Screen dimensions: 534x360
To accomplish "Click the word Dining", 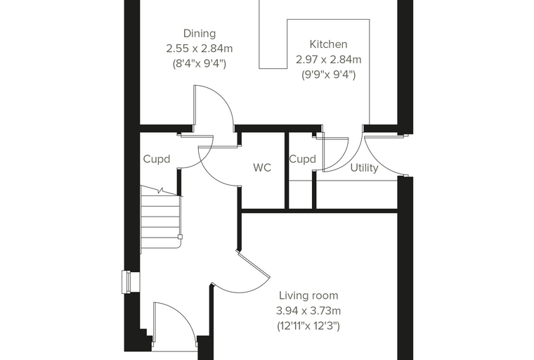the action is point(200,34).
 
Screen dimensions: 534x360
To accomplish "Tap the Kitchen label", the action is point(329,44).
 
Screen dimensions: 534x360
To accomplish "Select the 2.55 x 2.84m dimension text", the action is point(200,49).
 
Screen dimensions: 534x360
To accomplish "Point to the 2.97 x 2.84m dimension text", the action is point(329,60).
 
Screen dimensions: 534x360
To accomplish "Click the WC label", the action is point(262,168).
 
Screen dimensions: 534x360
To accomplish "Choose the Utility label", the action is point(365,168).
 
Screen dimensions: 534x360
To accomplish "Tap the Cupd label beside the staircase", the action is point(157,159).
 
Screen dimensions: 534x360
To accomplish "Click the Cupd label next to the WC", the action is point(302,159).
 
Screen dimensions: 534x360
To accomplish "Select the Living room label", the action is point(308,295).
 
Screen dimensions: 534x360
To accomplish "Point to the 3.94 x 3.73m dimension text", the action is point(308,311).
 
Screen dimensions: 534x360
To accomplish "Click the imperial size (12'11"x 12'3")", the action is point(308,326).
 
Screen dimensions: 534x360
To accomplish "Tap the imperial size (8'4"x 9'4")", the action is point(200,64).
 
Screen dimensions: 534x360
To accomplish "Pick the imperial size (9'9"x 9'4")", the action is point(329,75).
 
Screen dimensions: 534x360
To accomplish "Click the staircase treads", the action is point(160,221).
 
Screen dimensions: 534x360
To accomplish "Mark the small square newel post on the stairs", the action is point(180,236).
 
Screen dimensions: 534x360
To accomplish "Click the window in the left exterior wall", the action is point(126,281).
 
